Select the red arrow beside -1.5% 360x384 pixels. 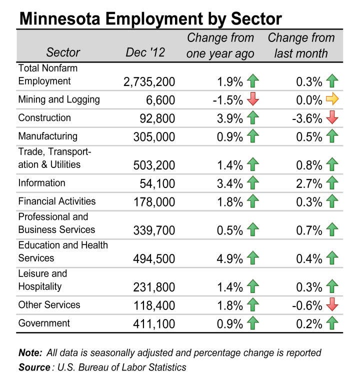pos(253,100)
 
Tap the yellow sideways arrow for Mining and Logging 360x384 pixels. pos(332,100)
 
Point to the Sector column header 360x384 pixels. pos(63,52)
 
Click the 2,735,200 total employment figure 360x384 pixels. pos(149,81)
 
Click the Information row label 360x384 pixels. pos(41,183)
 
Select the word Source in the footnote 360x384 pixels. pos(34,367)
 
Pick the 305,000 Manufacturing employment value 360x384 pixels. pos(154,137)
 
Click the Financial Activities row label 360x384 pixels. pos(56,201)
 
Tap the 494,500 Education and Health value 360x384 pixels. pos(154,259)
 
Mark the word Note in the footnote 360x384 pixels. pos(30,352)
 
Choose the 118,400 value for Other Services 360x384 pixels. pos(154,305)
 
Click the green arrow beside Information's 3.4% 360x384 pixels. pos(253,183)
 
